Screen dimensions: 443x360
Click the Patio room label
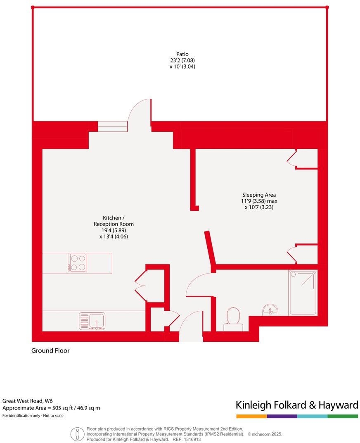click(182, 54)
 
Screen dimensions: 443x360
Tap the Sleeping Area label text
click(259, 195)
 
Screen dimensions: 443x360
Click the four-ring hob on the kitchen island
click(77, 262)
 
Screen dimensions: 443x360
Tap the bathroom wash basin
click(270, 310)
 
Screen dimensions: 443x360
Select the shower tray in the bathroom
click(303, 293)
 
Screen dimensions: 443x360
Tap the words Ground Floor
click(50, 351)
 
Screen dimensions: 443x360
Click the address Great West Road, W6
click(28, 400)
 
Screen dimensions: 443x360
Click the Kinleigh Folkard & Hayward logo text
click(296, 405)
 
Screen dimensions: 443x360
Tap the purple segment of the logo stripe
click(282, 416)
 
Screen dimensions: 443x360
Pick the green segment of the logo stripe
click(343, 416)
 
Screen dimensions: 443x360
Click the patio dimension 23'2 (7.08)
click(182, 60)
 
